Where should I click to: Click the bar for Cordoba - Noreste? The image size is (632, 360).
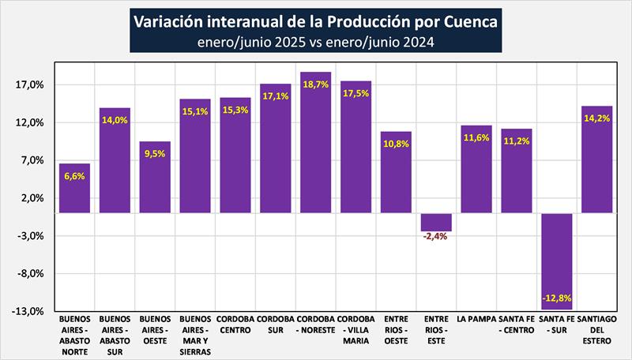point(316,142)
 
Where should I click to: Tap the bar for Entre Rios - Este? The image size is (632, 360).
point(436,221)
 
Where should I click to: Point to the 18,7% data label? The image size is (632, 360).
point(316,84)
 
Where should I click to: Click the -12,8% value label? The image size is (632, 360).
point(557,298)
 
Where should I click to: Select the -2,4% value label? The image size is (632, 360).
point(436,235)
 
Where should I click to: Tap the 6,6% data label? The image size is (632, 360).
point(75,176)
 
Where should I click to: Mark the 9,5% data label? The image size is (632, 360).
point(155,154)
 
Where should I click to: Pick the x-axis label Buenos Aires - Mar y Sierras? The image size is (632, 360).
point(195,336)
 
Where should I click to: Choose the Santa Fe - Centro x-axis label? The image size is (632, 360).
point(517,324)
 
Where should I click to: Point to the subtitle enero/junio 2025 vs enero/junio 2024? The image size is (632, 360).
point(316,42)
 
